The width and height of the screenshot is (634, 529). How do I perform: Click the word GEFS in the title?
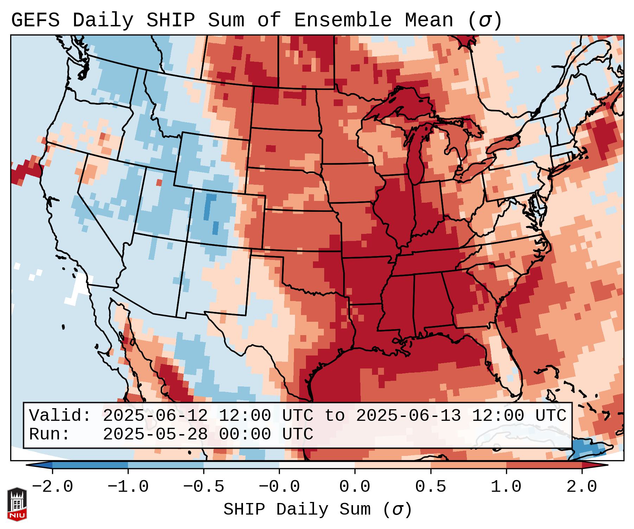pyautogui.click(x=35, y=20)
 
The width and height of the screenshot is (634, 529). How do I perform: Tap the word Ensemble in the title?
pyautogui.click(x=342, y=20)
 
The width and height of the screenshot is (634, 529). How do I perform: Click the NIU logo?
pyautogui.click(x=17, y=504)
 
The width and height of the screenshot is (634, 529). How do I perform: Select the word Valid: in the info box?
pyautogui.click(x=60, y=416)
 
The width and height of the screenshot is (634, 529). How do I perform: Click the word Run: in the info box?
pyautogui.click(x=50, y=434)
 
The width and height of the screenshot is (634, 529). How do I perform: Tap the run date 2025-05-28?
pyautogui.click(x=155, y=434)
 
